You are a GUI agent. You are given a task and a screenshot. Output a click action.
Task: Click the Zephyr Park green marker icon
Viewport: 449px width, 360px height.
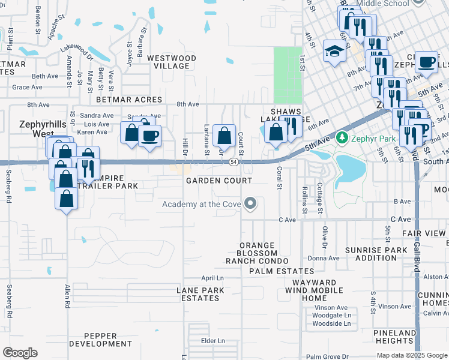[x=342, y=138]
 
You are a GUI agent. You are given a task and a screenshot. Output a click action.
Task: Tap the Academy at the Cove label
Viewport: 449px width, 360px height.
[x=201, y=205]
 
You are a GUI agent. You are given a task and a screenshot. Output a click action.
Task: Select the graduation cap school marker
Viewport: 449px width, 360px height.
[x=333, y=51]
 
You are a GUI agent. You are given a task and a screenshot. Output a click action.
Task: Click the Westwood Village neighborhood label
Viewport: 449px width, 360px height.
[x=172, y=62]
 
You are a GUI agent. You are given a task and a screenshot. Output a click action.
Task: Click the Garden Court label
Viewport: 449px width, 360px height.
[x=219, y=181]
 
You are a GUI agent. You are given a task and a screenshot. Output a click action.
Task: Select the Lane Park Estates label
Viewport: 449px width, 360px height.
[x=200, y=294]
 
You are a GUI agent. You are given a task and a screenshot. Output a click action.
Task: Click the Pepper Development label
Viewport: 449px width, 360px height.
[x=100, y=340]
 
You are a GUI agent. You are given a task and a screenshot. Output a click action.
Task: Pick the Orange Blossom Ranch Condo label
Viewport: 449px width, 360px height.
[x=257, y=253]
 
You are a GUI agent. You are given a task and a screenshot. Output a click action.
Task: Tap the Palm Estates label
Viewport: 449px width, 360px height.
[x=274, y=272]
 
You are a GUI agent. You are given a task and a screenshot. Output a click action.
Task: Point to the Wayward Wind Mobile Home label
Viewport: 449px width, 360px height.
[x=315, y=290]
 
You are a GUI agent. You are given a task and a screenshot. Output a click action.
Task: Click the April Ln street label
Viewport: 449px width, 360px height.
[x=212, y=278]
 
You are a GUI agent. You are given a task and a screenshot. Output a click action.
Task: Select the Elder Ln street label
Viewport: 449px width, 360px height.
[x=212, y=341]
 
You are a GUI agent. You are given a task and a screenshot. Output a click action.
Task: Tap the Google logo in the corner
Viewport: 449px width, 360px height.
[x=20, y=353]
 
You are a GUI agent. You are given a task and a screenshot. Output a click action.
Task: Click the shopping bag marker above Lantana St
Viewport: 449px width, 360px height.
[x=224, y=136]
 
